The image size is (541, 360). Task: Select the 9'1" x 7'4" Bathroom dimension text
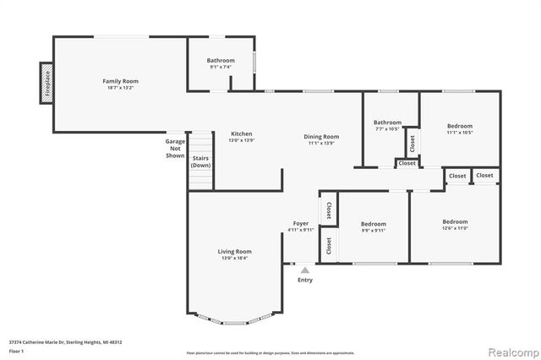pyautogui.click(x=221, y=67)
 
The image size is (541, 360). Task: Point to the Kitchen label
pyautogui.click(x=242, y=134)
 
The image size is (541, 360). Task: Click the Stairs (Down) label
pyautogui.click(x=200, y=161)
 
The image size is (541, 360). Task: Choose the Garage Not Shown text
pyautogui.click(x=175, y=149)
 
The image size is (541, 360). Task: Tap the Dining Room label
pyautogui.click(x=321, y=136)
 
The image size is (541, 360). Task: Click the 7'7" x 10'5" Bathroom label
pyautogui.click(x=387, y=123)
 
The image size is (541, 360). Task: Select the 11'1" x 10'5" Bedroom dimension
pyautogui.click(x=460, y=132)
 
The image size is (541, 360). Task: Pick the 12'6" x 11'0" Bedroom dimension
pyautogui.click(x=455, y=228)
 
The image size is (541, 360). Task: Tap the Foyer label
pyautogui.click(x=300, y=223)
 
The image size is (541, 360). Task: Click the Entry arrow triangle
pyautogui.click(x=304, y=270)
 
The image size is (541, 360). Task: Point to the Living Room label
pyautogui.click(x=235, y=251)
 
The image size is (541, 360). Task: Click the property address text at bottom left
pyautogui.click(x=66, y=342)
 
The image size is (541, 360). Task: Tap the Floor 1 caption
pyautogui.click(x=16, y=351)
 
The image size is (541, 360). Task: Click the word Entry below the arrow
pyautogui.click(x=304, y=280)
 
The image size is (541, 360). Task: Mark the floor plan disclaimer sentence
pyautogui.click(x=270, y=352)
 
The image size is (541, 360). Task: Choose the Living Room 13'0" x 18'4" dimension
pyautogui.click(x=235, y=258)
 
